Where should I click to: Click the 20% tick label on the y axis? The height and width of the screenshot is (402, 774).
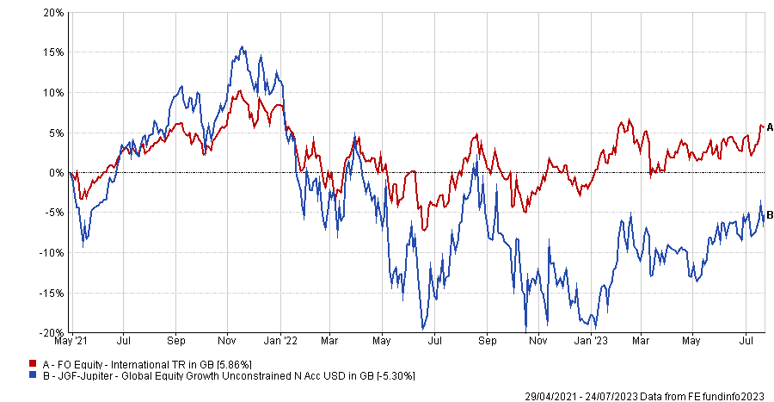53,13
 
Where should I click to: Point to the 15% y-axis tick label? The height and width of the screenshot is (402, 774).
53,53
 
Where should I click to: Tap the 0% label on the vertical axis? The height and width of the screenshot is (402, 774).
56,173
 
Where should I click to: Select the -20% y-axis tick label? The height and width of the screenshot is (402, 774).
52,333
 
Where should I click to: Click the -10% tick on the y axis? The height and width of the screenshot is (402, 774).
52,253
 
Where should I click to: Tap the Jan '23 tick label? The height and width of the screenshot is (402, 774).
590,341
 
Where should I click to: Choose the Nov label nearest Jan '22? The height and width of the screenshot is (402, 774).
228,341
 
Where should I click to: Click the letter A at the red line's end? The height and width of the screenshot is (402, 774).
770,127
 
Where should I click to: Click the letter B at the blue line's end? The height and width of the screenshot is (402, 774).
770,214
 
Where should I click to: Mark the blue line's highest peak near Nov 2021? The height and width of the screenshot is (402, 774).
242,47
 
